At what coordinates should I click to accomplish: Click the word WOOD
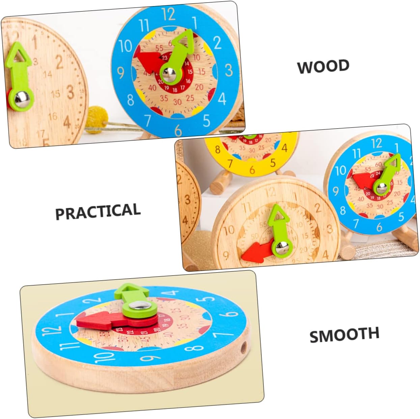coord(323,66)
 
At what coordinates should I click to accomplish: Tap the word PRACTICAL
coord(98,212)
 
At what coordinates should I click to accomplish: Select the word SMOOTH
coord(344,334)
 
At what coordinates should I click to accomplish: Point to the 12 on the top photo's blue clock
coord(168,14)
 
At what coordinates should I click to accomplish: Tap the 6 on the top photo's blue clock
coord(178,130)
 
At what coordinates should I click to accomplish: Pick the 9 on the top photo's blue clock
coord(120,72)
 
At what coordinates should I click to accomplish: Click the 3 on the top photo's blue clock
coord(229,70)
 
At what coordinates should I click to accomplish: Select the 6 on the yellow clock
coord(252,170)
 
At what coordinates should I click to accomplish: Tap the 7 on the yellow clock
coord(230,164)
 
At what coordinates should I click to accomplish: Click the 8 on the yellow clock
coord(218,150)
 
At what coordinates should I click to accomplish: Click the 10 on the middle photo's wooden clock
coord(228,230)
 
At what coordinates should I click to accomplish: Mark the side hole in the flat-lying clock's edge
coord(244,346)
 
